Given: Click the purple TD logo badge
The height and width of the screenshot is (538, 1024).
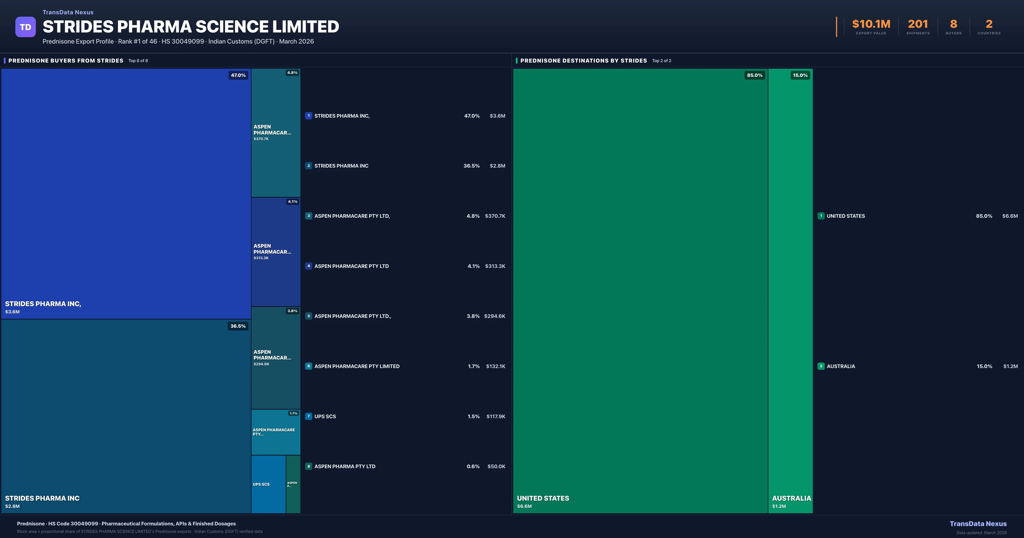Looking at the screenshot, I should pyautogui.click(x=25, y=27).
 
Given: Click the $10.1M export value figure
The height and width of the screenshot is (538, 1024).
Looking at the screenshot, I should pyautogui.click(x=871, y=24).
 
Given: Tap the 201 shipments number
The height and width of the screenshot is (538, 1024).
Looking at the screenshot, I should pyautogui.click(x=918, y=24).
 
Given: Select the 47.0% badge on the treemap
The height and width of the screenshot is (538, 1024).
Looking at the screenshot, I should pyautogui.click(x=238, y=75).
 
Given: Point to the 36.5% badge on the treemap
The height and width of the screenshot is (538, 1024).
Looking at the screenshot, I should pyautogui.click(x=238, y=326).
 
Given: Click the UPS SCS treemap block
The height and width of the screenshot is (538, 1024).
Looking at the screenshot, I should pyautogui.click(x=268, y=484).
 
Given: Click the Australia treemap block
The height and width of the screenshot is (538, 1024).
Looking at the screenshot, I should pyautogui.click(x=790, y=291).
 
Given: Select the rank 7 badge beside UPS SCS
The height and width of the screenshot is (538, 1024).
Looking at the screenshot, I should pyautogui.click(x=308, y=416).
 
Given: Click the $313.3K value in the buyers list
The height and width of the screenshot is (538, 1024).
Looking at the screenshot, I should pyautogui.click(x=495, y=266).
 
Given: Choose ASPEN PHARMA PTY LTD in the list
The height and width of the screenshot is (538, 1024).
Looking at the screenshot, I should pyautogui.click(x=345, y=466).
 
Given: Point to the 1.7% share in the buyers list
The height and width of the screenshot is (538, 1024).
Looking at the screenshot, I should pyautogui.click(x=473, y=366).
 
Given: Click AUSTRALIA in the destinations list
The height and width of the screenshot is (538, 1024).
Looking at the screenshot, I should pyautogui.click(x=841, y=366).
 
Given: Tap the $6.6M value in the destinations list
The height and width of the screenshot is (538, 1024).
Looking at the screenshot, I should pyautogui.click(x=1010, y=216).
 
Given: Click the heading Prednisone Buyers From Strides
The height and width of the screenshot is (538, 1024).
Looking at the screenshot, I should pyautogui.click(x=65, y=60).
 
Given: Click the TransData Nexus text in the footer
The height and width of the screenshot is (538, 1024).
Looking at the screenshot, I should pyautogui.click(x=978, y=524).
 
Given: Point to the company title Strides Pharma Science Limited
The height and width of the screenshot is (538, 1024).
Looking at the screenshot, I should pyautogui.click(x=191, y=27).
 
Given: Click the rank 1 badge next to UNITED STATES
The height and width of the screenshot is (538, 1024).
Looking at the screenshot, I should pyautogui.click(x=821, y=216).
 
